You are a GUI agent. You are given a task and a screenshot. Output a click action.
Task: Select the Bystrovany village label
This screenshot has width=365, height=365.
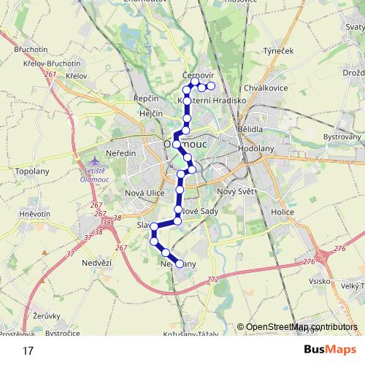[342, 137]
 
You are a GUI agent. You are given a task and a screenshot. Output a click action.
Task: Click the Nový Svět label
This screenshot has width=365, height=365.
[234, 191]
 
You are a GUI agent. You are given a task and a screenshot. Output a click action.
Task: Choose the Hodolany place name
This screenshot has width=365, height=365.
[256, 147]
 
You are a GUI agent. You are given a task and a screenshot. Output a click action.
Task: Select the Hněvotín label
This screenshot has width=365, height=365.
[34, 214]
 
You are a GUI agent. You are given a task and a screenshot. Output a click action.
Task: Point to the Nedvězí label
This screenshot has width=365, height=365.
[96, 262]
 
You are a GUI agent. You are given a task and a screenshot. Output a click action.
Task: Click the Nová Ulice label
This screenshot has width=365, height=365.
[146, 192]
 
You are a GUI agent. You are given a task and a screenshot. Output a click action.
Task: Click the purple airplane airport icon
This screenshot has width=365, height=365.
[91, 160]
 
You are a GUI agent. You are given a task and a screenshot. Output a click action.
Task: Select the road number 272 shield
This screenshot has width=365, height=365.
[212, 280]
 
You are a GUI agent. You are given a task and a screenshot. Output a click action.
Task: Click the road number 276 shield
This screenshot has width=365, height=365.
[339, 250]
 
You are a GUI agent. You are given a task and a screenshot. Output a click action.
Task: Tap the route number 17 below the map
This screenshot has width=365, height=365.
[28, 350]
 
